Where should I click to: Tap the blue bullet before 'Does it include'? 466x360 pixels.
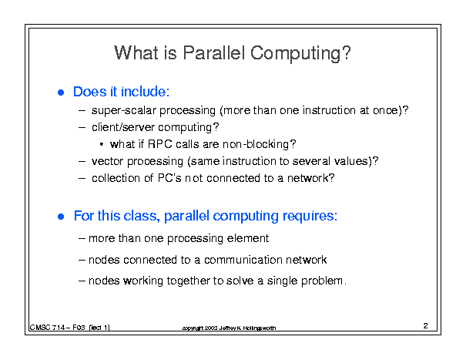(x=61, y=93)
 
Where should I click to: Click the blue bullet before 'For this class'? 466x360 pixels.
(x=61, y=217)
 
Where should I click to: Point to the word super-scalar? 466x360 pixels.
(x=124, y=111)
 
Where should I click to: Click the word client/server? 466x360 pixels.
(x=122, y=127)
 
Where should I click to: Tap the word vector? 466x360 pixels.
(x=107, y=161)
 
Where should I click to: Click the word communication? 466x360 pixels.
(x=243, y=260)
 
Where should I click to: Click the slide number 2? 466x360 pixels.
(x=426, y=326)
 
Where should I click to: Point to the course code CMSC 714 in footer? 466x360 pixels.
(x=47, y=328)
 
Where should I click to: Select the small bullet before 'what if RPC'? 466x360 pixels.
(x=102, y=144)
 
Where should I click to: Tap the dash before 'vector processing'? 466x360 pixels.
(x=82, y=162)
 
